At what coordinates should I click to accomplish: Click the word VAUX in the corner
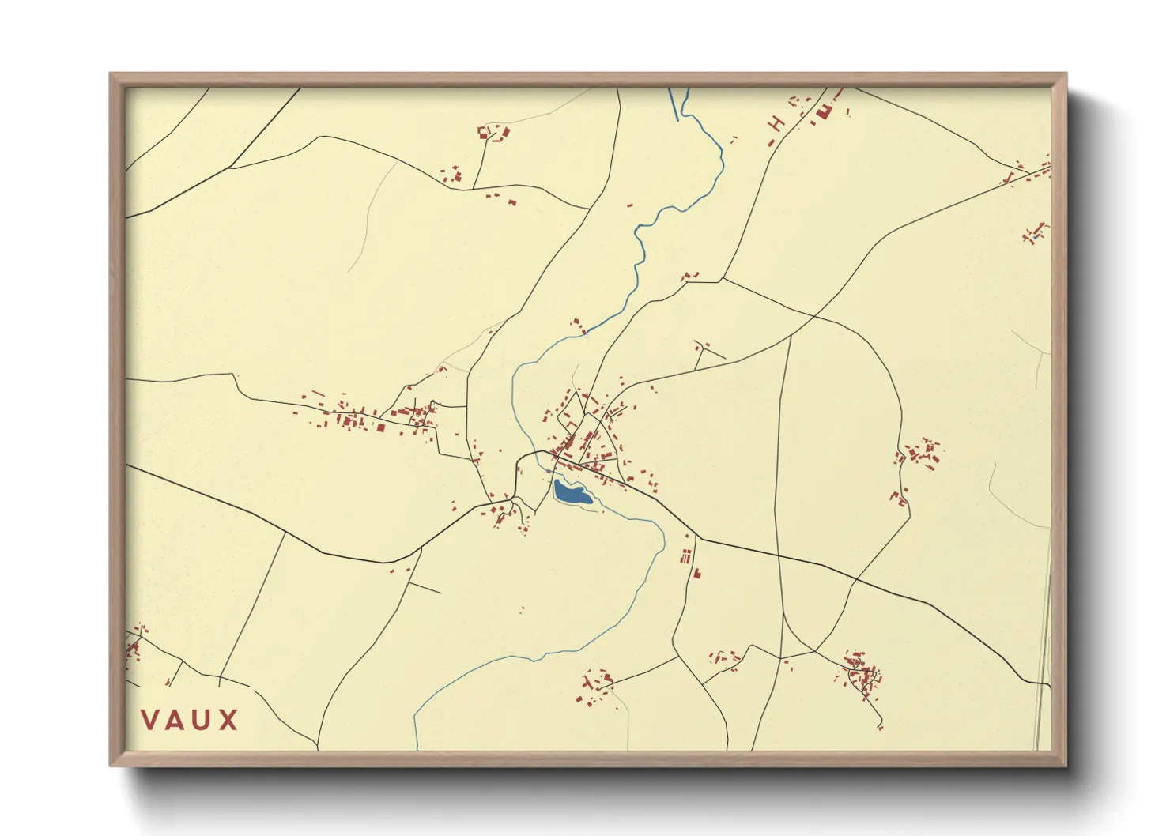pos(190,720)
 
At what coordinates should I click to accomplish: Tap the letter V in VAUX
pos(149,720)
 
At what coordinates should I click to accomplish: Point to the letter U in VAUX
pos(202,720)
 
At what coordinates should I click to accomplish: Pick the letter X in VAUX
pos(229,720)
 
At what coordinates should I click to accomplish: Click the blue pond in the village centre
pos(571,493)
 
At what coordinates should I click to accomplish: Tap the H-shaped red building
pos(777,123)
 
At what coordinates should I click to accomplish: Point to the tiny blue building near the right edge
pos(1036,235)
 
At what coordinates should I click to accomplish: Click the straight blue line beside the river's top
pos(674,104)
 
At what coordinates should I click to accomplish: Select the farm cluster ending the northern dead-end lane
pos(493,132)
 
